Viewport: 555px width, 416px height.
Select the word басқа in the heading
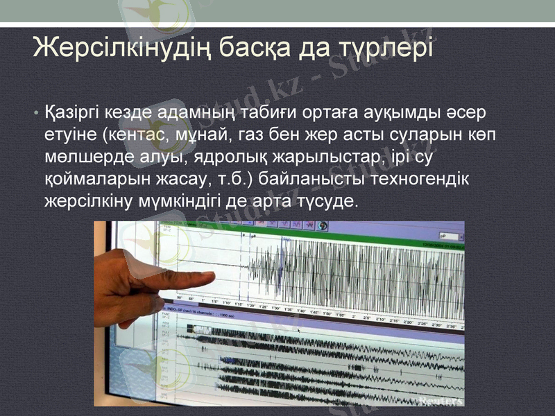click(x=255, y=47)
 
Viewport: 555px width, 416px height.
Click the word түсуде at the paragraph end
click(x=329, y=201)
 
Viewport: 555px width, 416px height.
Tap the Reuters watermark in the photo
click(x=441, y=401)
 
